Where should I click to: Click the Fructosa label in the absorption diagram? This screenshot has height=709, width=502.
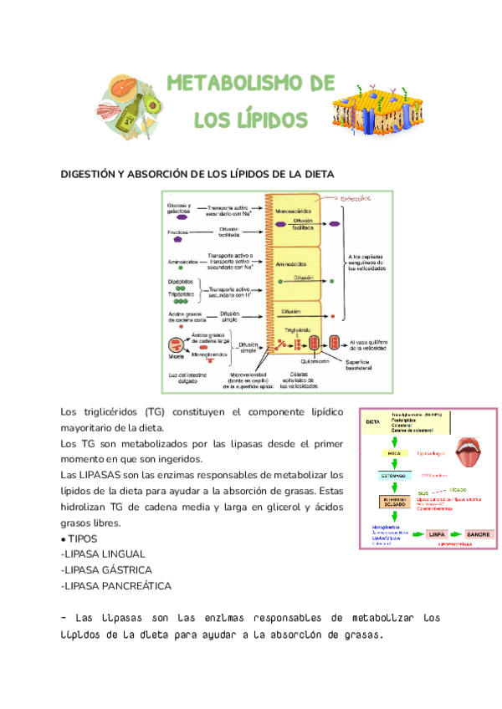click(x=177, y=232)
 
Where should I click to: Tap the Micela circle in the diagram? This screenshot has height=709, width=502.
click(x=177, y=344)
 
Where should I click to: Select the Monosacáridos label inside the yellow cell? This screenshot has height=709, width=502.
click(x=293, y=212)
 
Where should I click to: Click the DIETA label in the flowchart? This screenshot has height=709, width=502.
click(x=373, y=422)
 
